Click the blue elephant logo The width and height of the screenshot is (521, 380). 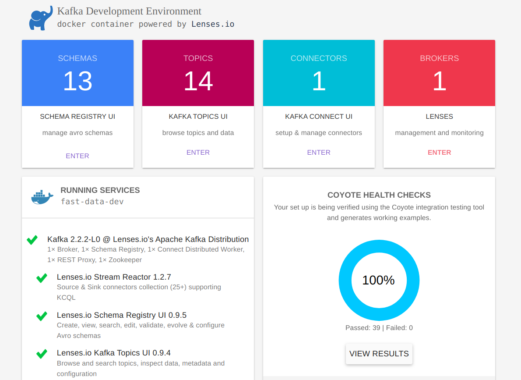click(x=41, y=18)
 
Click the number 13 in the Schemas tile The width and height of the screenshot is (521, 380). click(x=77, y=81)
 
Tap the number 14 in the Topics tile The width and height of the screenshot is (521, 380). click(x=198, y=81)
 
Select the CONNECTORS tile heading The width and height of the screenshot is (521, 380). click(x=319, y=58)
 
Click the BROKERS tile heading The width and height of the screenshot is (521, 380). click(x=439, y=58)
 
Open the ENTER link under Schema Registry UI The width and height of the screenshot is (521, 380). click(x=77, y=156)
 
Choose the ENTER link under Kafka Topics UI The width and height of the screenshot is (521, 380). click(x=198, y=153)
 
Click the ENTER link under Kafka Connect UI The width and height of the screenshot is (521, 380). click(x=319, y=153)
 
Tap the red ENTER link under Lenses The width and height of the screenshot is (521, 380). click(x=439, y=153)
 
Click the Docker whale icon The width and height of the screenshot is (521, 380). click(x=42, y=197)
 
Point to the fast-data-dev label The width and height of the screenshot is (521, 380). click(x=92, y=202)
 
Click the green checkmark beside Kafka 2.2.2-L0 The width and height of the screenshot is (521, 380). click(x=32, y=240)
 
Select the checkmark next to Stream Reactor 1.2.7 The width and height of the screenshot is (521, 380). click(x=42, y=278)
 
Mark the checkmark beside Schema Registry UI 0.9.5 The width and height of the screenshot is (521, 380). click(x=42, y=316)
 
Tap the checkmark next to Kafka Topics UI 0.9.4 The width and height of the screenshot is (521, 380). click(x=42, y=354)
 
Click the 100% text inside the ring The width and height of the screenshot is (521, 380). click(x=379, y=281)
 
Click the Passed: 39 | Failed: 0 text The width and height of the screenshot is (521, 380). click(x=379, y=328)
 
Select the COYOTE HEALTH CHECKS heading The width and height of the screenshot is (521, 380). click(x=379, y=195)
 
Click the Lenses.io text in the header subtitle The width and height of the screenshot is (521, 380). click(x=213, y=24)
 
